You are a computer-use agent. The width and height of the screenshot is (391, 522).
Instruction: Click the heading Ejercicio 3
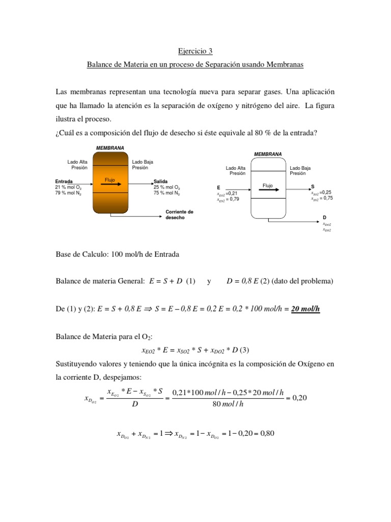pos(195,51)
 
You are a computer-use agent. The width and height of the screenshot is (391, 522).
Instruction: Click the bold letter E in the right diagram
pos(218,188)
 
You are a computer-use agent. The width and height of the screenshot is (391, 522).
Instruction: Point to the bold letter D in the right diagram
pos(324,218)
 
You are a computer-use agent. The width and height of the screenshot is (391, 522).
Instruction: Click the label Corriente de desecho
pos(179,214)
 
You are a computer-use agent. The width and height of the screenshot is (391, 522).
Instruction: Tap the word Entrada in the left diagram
pos(64,181)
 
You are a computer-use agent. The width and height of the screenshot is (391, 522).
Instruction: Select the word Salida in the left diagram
pos(161,181)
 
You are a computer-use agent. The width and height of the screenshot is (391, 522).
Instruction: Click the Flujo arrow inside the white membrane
pos(268,189)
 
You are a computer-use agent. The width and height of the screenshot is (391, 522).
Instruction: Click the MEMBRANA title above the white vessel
pos(267,154)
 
